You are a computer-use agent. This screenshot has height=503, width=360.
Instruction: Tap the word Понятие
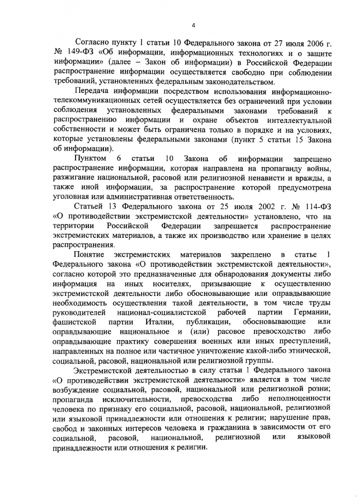tap(89, 255)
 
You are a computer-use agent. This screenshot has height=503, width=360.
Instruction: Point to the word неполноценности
tap(300, 399)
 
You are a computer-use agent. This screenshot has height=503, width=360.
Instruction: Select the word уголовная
tap(75, 196)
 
